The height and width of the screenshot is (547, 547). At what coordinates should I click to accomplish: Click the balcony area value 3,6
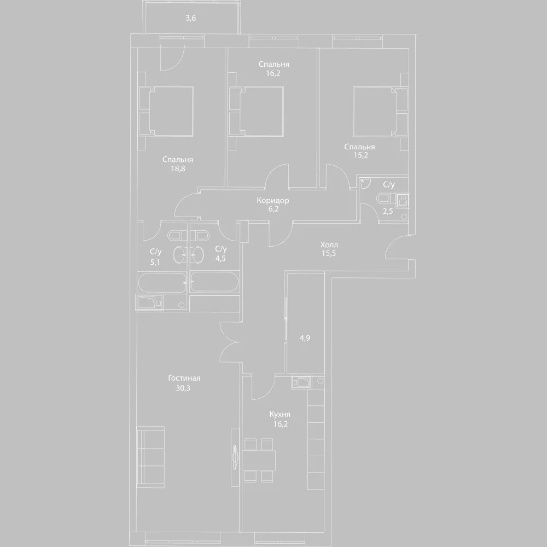coord(190,18)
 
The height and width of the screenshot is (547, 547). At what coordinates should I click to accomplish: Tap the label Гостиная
coord(184,378)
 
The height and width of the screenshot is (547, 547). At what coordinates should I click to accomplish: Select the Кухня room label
coord(280,415)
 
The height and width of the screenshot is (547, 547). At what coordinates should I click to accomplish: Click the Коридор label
coord(273,201)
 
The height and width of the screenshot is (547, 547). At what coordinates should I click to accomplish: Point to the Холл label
coord(329,245)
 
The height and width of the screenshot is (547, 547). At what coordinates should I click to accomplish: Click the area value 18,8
coord(178,168)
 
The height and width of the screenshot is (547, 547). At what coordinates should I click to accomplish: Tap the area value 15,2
coord(360,155)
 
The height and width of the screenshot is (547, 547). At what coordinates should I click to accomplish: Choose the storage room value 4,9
coord(305,337)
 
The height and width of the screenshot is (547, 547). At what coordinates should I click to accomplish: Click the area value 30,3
coord(183,388)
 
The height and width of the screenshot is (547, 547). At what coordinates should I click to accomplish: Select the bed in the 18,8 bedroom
coord(166,111)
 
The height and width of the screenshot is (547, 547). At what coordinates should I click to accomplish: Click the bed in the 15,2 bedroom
coord(380,111)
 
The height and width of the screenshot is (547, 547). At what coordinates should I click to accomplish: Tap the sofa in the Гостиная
coord(150,457)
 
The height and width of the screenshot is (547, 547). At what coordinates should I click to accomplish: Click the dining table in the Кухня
coord(259,461)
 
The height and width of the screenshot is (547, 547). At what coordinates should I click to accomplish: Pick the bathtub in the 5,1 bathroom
coord(162,283)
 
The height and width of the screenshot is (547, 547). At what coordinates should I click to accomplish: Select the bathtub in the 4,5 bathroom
coord(215,282)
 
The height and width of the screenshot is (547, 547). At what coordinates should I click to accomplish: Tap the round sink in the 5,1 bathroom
coord(181,255)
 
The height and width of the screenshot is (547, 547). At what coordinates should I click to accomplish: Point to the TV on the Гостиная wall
coord(235,457)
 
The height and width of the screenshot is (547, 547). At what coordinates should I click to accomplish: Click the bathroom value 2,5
coord(387,211)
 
